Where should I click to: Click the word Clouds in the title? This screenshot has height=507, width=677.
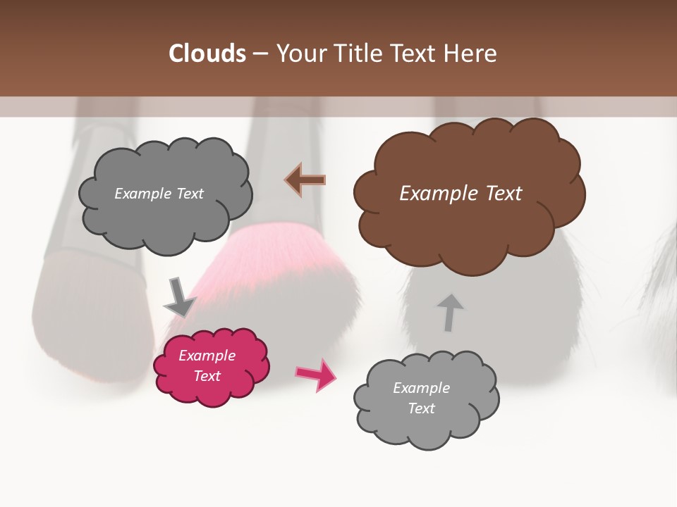click(207, 54)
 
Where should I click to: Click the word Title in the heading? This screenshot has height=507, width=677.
click(357, 54)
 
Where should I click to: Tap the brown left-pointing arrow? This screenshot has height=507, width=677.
click(305, 180)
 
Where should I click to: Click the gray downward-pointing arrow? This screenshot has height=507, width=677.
click(179, 296)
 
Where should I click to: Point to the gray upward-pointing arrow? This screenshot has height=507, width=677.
click(449, 312)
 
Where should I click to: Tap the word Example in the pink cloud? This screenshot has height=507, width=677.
click(207, 356)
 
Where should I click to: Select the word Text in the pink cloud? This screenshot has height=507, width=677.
click(207, 376)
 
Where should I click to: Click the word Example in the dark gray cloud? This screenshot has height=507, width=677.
click(141, 194)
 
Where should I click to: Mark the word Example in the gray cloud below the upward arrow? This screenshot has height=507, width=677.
click(421, 388)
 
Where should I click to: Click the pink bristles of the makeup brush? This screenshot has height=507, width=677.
click(261, 254)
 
